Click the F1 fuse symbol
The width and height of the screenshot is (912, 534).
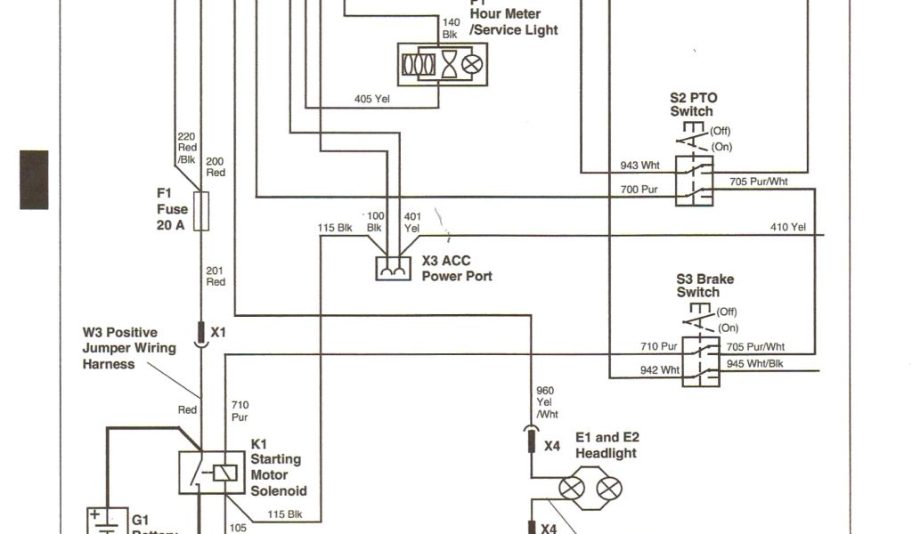201,210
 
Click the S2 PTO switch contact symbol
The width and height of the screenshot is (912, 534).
694,180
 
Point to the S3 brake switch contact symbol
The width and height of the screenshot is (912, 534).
702,360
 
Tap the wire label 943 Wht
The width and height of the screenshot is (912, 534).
639,166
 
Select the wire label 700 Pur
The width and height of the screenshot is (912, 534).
639,190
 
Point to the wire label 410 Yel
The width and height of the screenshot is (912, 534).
787,228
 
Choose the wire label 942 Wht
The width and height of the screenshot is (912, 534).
659,369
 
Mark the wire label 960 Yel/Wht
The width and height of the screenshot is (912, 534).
546,401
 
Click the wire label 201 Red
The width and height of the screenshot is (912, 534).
216,276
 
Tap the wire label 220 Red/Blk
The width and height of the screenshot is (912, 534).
186,148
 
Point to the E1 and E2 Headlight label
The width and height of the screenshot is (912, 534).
607,445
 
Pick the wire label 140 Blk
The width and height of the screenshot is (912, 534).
452,28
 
